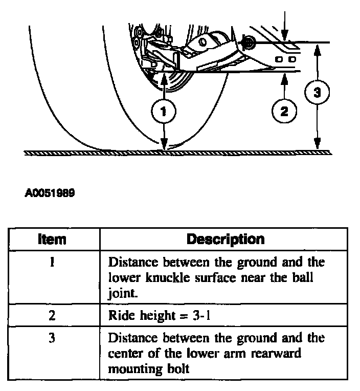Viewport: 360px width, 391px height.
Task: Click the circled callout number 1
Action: [x=163, y=111]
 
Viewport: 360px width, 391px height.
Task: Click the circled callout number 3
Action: [x=318, y=93]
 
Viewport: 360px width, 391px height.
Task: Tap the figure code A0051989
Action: [x=50, y=194]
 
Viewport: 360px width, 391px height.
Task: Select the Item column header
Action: [x=53, y=239]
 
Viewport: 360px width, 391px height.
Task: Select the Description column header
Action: [x=226, y=239]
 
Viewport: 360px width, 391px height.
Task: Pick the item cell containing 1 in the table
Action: [x=53, y=263]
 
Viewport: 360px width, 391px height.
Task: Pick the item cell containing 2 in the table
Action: [x=53, y=315]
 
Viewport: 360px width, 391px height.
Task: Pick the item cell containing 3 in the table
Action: [x=53, y=338]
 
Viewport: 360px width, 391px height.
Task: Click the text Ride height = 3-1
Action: [x=160, y=315]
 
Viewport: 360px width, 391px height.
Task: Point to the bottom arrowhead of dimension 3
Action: [x=318, y=147]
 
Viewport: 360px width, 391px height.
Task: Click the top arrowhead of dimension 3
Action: [x=318, y=47]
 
